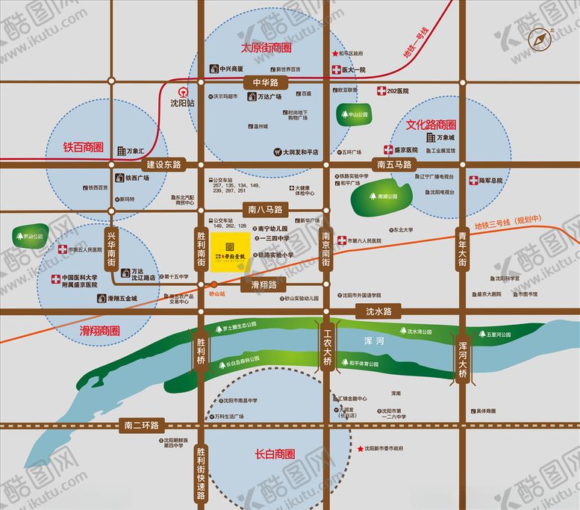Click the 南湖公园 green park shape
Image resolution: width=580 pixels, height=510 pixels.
(x=383, y=196)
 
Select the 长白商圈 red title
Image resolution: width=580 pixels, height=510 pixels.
(x=275, y=453)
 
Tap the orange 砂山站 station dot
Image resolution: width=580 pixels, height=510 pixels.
(x=213, y=284)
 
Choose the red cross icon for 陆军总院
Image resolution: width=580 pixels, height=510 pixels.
(x=473, y=181)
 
